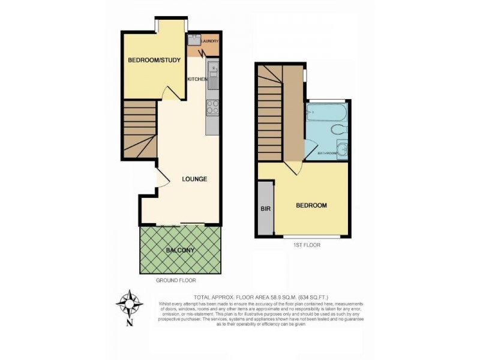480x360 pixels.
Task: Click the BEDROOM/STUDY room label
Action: (x=151, y=61)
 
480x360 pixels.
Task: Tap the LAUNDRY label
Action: (x=209, y=41)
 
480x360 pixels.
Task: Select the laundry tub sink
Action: (x=194, y=40)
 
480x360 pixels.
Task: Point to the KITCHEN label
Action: (x=197, y=79)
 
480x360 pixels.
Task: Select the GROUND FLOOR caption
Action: (x=176, y=280)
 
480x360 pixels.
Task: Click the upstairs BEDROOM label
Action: (x=311, y=205)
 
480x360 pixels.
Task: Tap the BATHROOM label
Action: (x=327, y=154)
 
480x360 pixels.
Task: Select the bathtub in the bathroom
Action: (x=325, y=112)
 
